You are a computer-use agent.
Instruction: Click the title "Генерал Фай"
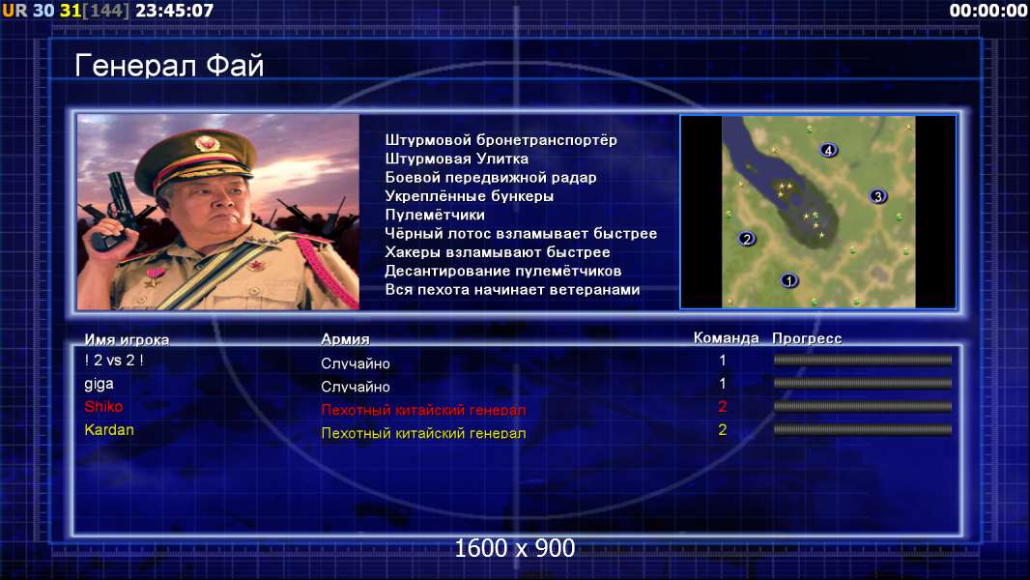coord(169,66)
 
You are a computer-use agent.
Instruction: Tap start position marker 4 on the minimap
coord(828,151)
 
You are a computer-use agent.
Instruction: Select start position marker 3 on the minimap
coord(877,196)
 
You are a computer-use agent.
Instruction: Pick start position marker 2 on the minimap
coord(746,239)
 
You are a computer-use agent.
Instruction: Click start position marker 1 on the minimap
coord(788,280)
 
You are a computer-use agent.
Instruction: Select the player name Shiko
coord(103,407)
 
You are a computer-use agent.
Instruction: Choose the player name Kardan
coord(109,430)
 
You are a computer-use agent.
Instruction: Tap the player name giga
coord(99,385)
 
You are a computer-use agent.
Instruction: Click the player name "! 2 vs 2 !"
coord(114,360)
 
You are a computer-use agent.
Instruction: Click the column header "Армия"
coord(345,339)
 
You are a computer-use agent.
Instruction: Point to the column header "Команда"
coord(726,338)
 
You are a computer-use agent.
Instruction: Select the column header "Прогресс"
coord(807,338)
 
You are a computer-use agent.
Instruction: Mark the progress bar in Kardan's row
coord(863,430)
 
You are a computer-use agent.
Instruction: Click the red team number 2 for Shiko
coord(723,407)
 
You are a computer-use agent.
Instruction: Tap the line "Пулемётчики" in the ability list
coord(435,215)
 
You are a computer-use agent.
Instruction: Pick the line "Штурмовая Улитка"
coord(456,159)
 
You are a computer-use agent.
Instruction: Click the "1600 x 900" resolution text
coord(515,548)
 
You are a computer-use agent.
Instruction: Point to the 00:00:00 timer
coord(988,11)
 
